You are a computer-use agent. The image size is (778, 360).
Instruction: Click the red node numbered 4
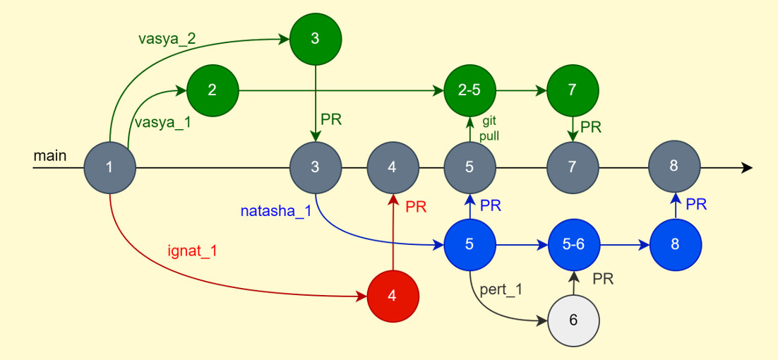coord(393,296)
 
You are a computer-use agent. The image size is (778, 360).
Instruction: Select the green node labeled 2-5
coord(469,90)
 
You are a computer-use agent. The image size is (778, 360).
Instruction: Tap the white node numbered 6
coord(573,320)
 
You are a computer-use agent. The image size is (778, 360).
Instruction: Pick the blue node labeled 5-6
coord(573,244)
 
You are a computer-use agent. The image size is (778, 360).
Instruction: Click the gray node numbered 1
coord(109,167)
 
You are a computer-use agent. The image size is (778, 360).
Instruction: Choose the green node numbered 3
coord(315,39)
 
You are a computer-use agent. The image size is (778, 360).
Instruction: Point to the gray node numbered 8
coord(674,167)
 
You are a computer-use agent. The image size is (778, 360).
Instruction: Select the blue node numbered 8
coord(676,244)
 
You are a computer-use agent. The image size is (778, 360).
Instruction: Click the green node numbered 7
coord(573,90)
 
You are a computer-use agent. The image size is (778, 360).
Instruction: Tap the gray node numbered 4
coord(393,167)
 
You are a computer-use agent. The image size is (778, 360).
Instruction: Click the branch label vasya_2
coord(167,39)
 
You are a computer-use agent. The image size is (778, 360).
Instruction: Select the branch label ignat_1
coord(192,250)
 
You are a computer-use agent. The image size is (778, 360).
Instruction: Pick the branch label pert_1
coord(501,289)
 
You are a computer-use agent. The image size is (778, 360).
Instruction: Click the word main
coord(49,155)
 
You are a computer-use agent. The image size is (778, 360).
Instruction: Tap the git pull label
coord(490,128)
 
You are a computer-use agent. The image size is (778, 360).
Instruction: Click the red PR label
coord(416,208)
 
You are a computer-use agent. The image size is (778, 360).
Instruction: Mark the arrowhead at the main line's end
coord(747,168)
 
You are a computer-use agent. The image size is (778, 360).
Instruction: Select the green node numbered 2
coord(212,90)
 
